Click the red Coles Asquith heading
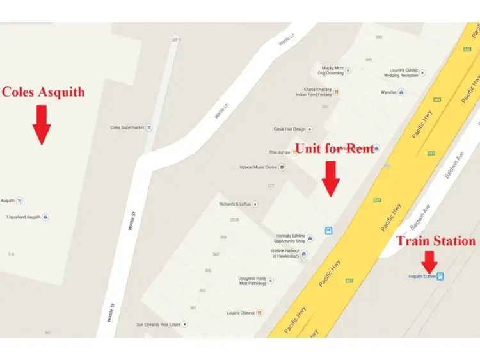coord(44,92)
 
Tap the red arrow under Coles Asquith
coord(42,125)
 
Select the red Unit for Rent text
coord(334,149)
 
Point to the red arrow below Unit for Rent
coord(330,178)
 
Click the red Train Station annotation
coord(436,241)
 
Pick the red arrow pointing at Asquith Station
coord(429,261)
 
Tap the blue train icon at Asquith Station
coord(441,277)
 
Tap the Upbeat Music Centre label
coord(258,167)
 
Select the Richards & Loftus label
coord(236,204)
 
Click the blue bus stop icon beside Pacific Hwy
coord(328,231)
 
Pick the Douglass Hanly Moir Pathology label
coord(252,281)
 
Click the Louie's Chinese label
coord(241,313)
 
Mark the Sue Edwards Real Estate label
coord(158,325)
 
